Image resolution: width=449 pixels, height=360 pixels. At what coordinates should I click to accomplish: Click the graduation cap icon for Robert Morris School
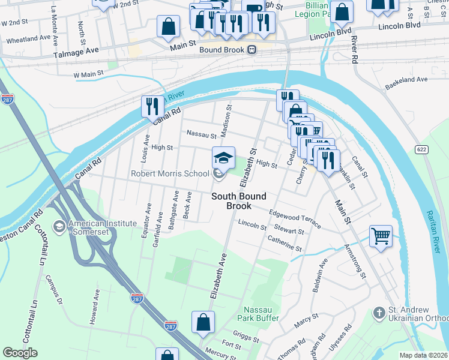tap(223, 158)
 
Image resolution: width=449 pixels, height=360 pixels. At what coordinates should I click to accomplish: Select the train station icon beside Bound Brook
tap(253, 49)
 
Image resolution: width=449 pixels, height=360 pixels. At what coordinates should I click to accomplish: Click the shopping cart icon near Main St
tap(380, 235)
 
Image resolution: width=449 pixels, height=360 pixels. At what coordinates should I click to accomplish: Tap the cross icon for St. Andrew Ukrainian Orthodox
tap(378, 313)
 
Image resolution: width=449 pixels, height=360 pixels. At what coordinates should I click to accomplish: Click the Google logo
tap(20, 353)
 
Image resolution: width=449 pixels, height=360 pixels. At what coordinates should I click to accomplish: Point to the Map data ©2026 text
tap(423, 355)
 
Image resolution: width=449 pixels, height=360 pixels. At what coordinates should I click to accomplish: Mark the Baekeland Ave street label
tap(406, 79)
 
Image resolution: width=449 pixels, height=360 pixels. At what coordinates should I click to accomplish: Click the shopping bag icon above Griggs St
tap(203, 322)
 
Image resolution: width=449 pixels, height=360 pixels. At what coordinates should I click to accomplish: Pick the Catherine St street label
tap(285, 245)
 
